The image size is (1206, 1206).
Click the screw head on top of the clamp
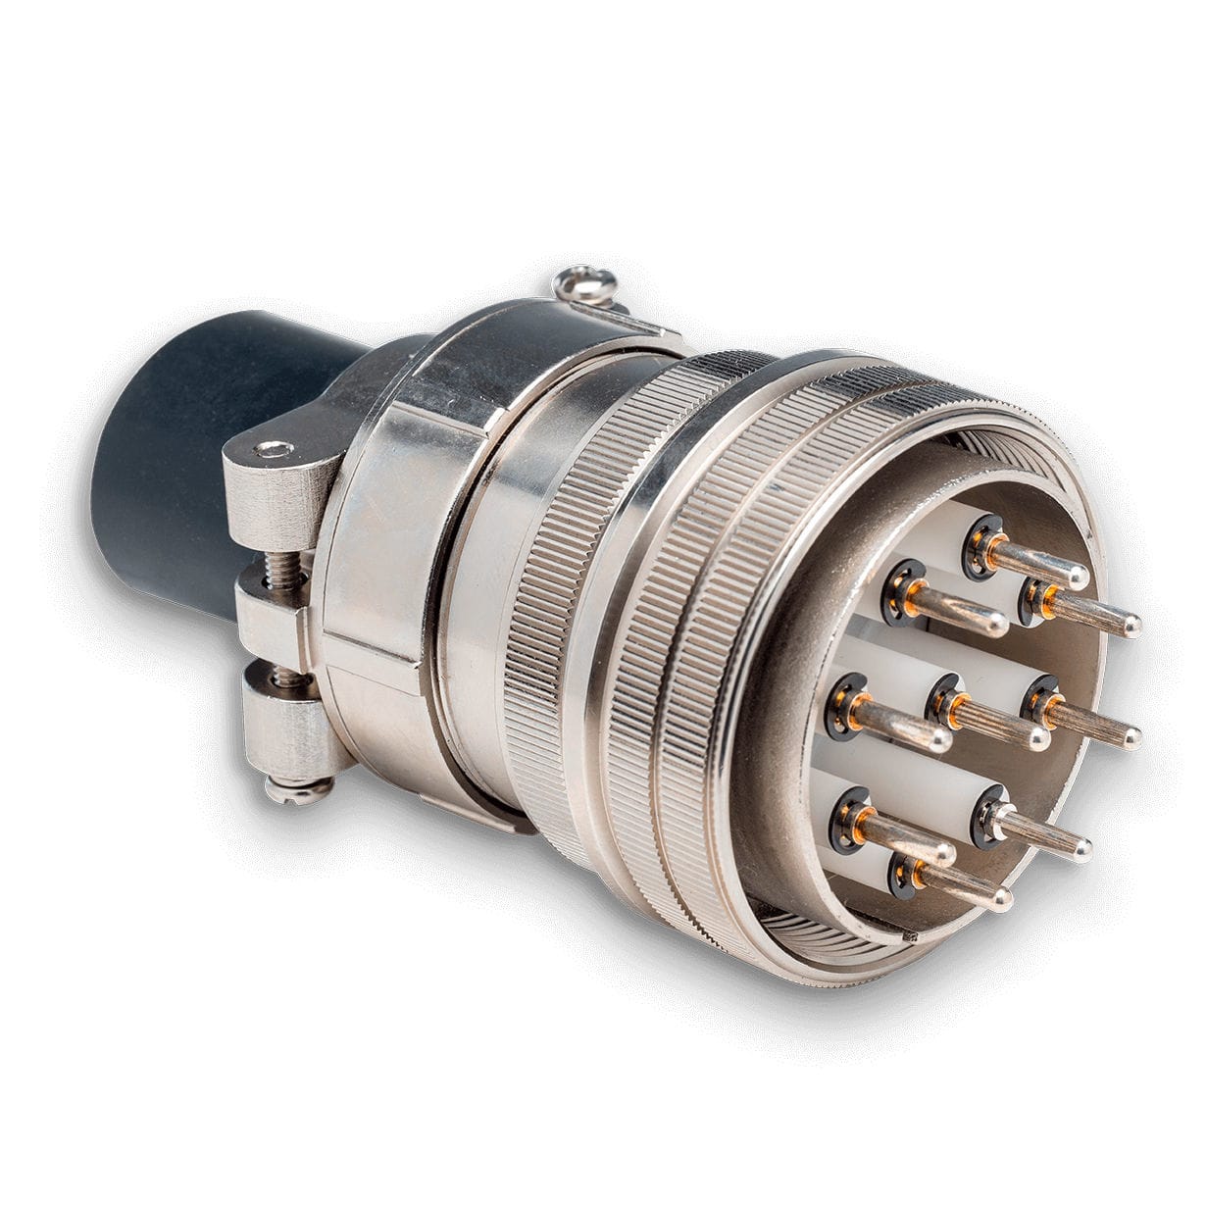585,283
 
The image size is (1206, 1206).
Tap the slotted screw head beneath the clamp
299,788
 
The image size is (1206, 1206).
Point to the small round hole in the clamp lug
272,450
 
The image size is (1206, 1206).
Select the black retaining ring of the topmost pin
980,543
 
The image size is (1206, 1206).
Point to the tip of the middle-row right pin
1130,736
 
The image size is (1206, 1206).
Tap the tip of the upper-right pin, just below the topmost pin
1130,624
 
